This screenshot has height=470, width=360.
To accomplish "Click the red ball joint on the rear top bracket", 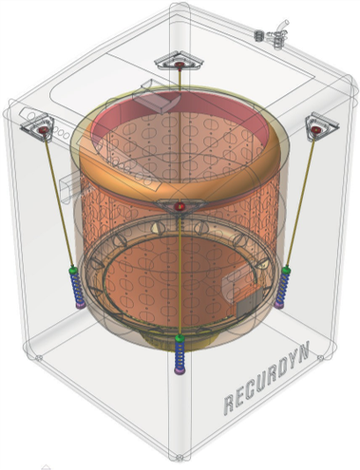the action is [180, 64].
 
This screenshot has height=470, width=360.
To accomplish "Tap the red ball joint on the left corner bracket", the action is [43, 129].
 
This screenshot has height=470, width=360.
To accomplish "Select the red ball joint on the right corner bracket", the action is [316, 129].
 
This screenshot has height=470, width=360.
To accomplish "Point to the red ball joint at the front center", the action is [180, 206].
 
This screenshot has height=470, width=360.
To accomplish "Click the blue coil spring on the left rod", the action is [78, 289].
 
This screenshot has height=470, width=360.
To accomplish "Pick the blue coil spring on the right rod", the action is [283, 289].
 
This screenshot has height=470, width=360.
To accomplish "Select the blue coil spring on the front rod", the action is [180, 356].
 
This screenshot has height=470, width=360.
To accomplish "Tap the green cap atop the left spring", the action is [73, 270].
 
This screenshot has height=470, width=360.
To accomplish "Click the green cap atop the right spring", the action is [286, 270].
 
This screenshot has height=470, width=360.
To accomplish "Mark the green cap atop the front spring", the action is [180, 338].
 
